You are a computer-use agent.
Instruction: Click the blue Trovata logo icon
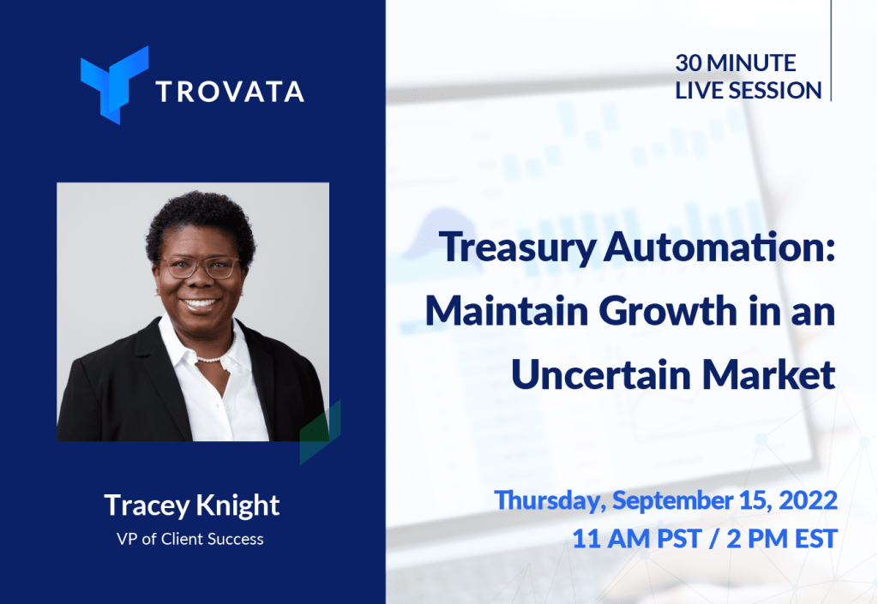114,85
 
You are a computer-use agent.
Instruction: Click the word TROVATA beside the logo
230,92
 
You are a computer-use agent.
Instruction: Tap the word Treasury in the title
517,248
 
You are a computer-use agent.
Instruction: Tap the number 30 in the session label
689,63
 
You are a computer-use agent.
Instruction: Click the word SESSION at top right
775,91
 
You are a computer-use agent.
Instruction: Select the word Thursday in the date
550,501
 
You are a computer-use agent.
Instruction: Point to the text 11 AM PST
637,539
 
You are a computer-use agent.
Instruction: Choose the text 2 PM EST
782,539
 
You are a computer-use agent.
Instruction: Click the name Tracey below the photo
147,506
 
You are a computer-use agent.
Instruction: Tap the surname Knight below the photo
238,506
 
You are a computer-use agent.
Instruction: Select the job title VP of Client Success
189,539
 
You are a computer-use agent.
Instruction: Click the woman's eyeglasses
199,266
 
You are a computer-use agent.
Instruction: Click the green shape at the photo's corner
321,432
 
